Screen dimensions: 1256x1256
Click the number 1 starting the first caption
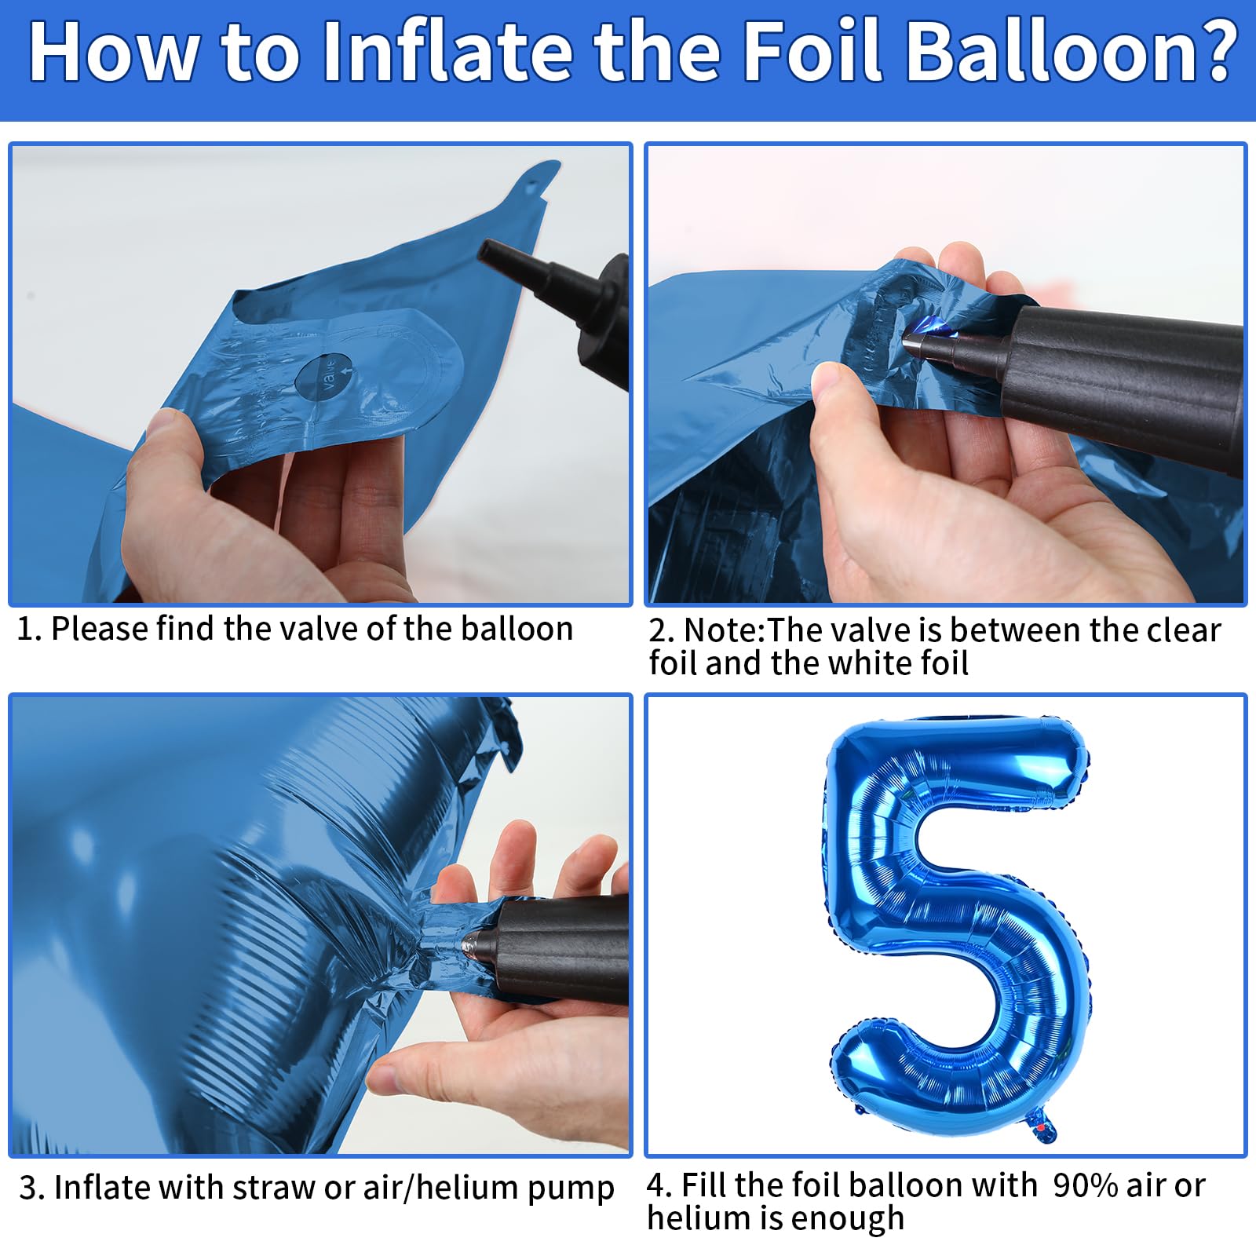pos(25,629)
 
